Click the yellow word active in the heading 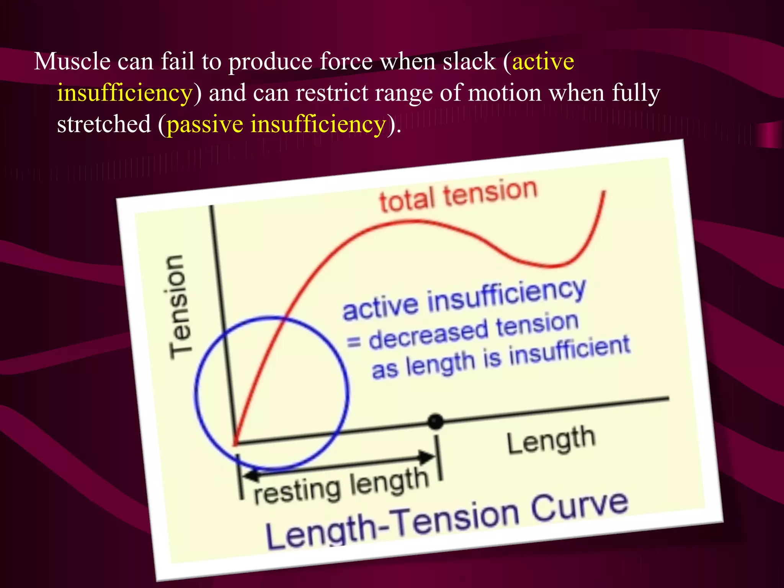tap(543, 62)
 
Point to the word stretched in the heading tap(104, 125)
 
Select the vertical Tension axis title tap(179, 306)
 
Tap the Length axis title tap(551, 440)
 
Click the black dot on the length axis tap(435, 422)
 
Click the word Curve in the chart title tap(580, 507)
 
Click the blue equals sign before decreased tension tap(354, 341)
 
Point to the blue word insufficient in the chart tap(569, 350)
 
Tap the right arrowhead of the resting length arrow tap(427, 456)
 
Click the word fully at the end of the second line tap(636, 93)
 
